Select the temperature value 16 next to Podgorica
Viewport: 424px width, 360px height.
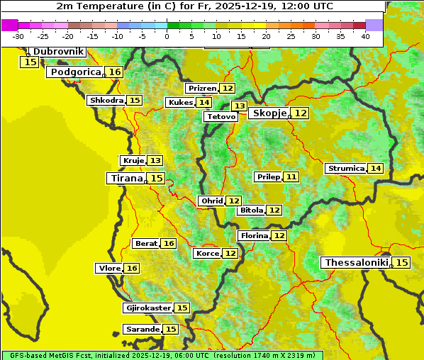coord(115,72)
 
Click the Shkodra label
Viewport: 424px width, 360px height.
coord(106,100)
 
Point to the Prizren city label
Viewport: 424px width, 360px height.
coord(201,89)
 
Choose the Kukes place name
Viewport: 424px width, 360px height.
coord(179,103)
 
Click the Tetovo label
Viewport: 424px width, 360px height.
coord(221,116)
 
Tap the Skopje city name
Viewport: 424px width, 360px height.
coord(269,113)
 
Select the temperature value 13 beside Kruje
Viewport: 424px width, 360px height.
coord(155,161)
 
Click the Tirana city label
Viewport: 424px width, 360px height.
coord(125,178)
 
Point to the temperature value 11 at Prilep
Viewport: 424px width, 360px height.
coord(291,176)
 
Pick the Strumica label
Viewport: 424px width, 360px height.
coord(345,169)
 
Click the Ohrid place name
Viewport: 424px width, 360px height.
coord(211,201)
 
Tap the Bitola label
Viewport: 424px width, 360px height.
coord(251,210)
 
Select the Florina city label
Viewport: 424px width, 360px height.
coord(254,235)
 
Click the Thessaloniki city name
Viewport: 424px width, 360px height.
coord(356,263)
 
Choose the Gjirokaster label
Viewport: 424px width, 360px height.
coord(147,308)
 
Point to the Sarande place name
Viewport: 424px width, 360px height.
coord(142,330)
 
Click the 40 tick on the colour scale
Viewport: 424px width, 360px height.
coord(365,36)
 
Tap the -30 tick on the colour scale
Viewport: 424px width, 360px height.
coord(18,36)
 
